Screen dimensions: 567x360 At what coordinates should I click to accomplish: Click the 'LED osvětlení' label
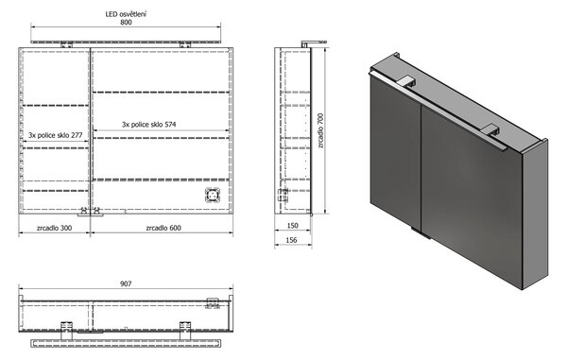tap(126, 14)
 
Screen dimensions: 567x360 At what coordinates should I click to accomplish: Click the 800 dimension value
tap(126, 23)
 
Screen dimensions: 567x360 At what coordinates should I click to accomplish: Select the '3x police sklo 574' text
tap(149, 125)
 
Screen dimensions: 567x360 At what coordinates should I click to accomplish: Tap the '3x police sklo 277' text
tap(56, 135)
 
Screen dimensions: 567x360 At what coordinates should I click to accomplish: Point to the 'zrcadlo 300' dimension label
tap(54, 228)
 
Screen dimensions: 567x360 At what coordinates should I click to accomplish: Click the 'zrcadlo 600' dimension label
tap(163, 228)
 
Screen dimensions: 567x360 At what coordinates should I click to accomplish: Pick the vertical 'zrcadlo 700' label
tap(320, 130)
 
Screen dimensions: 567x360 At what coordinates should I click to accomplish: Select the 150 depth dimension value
tap(292, 226)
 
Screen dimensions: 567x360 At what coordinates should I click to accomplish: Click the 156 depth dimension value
tap(291, 240)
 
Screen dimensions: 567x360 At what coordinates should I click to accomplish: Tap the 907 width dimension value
tap(126, 284)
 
